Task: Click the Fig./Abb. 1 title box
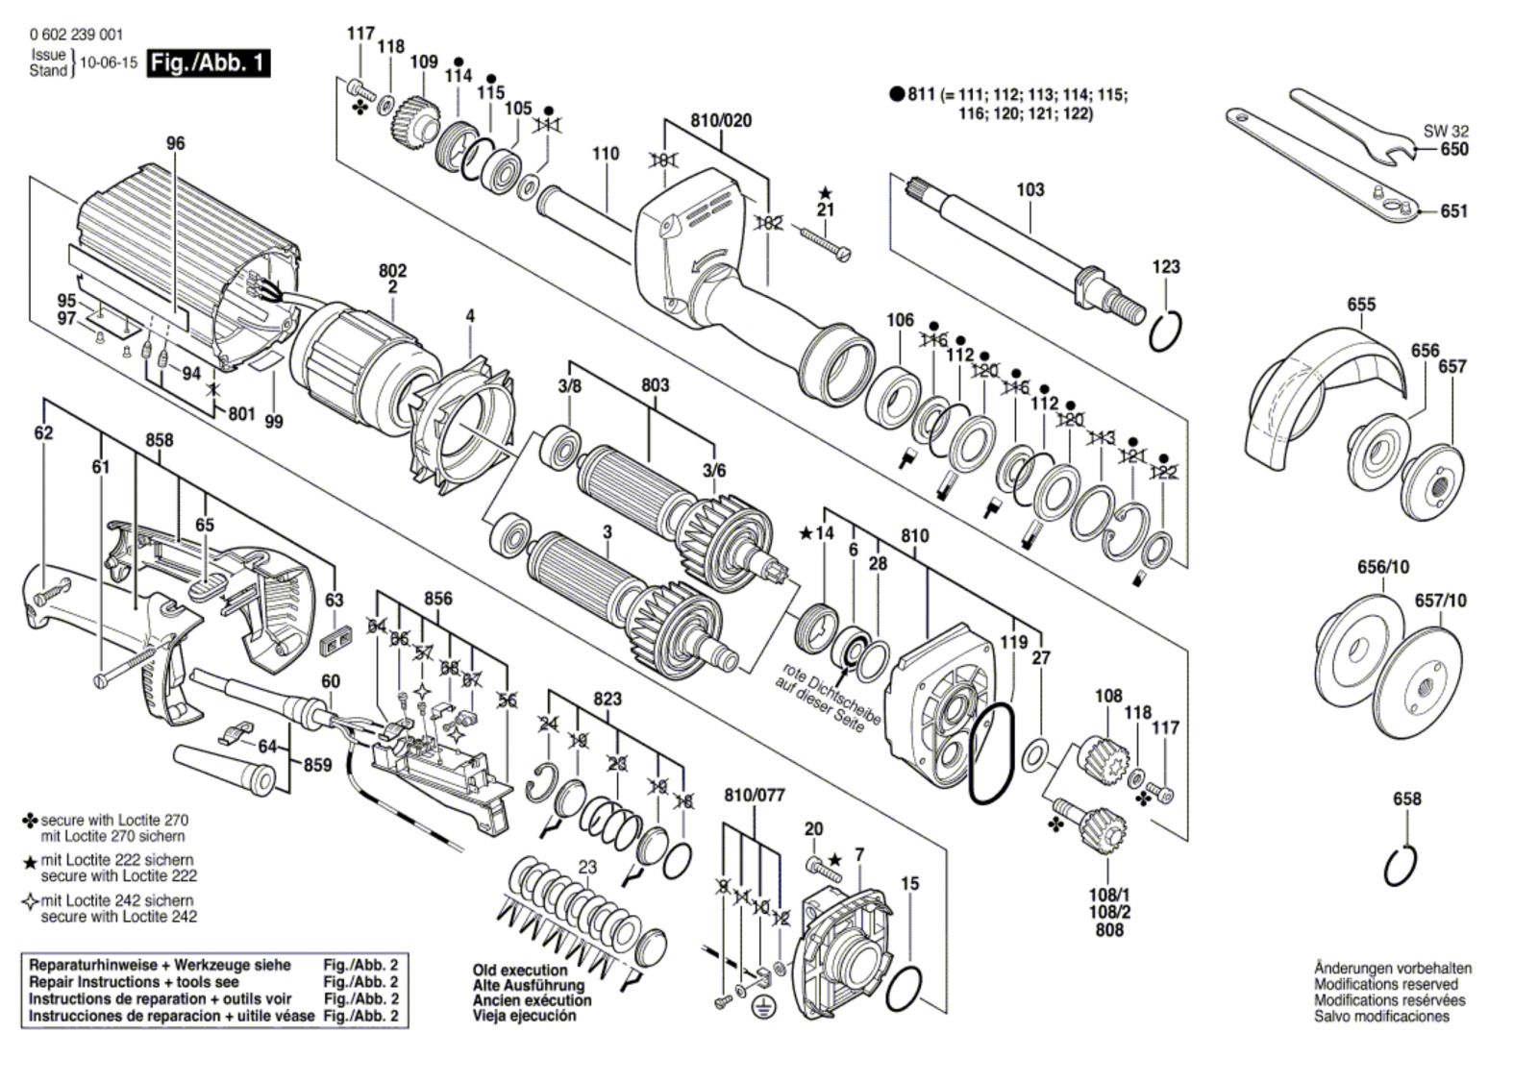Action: coord(209,63)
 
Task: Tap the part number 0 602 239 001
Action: coord(76,35)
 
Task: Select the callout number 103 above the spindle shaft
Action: coord(1029,189)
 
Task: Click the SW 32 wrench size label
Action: coord(1446,131)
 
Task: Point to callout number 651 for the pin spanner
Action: coord(1453,210)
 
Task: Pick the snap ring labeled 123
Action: coord(1165,332)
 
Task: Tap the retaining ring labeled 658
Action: coord(1401,867)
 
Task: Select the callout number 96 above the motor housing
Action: coord(176,143)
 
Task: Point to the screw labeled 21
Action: coord(825,241)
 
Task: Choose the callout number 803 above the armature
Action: coord(655,385)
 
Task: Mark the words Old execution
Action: coord(520,971)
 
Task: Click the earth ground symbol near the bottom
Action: coord(760,1007)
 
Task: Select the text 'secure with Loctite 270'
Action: coord(114,820)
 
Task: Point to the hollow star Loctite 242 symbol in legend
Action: coord(30,901)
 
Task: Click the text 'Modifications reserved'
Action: coord(1385,985)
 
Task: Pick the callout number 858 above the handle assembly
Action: coord(160,440)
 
